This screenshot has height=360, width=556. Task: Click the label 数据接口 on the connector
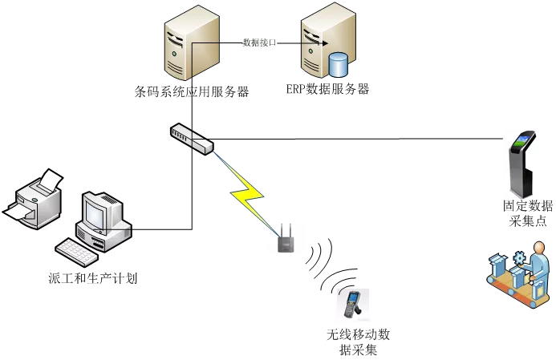[259, 42]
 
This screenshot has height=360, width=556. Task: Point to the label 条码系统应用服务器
[193, 92]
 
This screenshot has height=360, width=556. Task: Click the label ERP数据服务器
[327, 89]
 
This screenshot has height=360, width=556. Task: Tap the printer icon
[36, 196]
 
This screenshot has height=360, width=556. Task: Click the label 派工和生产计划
[93, 280]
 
